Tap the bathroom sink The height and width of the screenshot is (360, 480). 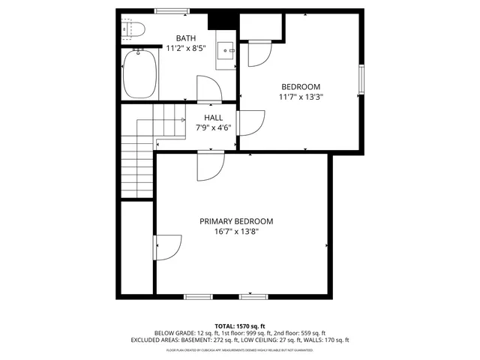click(226, 51)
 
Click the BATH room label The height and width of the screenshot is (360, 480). click(187, 38)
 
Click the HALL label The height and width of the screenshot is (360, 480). click(213, 118)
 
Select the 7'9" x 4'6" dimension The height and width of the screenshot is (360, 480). click(213, 127)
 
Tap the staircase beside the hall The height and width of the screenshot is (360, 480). click(139, 157)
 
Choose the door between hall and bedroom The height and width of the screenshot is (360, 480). click(250, 123)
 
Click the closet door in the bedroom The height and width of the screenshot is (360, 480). click(258, 53)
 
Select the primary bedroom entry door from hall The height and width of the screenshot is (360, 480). click(211, 166)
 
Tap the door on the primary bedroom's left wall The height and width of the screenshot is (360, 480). click(168, 247)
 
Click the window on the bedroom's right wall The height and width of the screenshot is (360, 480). click(361, 78)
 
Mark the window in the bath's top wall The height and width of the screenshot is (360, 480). click(172, 11)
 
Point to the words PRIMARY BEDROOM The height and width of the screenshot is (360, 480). click(236, 221)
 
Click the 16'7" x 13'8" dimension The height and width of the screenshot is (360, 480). click(236, 232)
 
